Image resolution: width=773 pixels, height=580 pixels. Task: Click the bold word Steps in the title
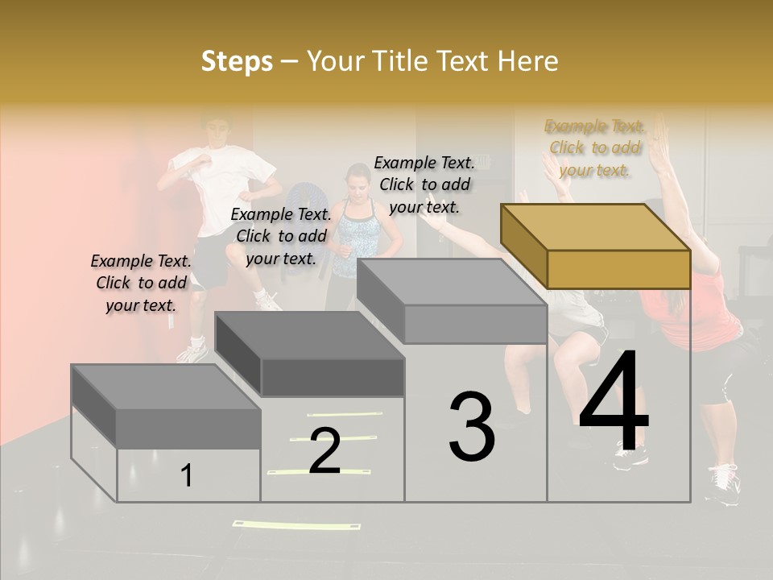pyautogui.click(x=237, y=61)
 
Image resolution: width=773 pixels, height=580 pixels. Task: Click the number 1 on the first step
pyautogui.click(x=187, y=475)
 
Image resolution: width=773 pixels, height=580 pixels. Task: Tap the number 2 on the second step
pyautogui.click(x=324, y=451)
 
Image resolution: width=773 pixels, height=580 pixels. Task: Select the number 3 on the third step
pyautogui.click(x=472, y=427)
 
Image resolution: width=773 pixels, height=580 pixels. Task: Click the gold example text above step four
pyautogui.click(x=595, y=148)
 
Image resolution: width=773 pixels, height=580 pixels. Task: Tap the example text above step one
pyautogui.click(x=141, y=283)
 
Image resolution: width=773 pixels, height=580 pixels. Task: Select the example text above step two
pyautogui.click(x=281, y=236)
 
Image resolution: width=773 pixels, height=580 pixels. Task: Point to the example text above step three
pyautogui.click(x=424, y=184)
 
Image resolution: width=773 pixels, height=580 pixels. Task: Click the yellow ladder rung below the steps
pyautogui.click(x=296, y=525)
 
